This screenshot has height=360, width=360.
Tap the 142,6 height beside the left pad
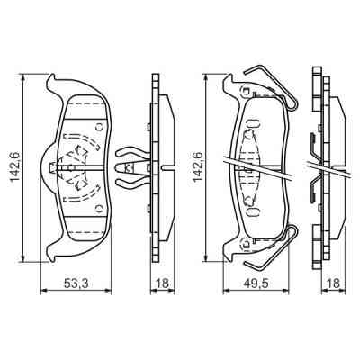pyautogui.click(x=12, y=166)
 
